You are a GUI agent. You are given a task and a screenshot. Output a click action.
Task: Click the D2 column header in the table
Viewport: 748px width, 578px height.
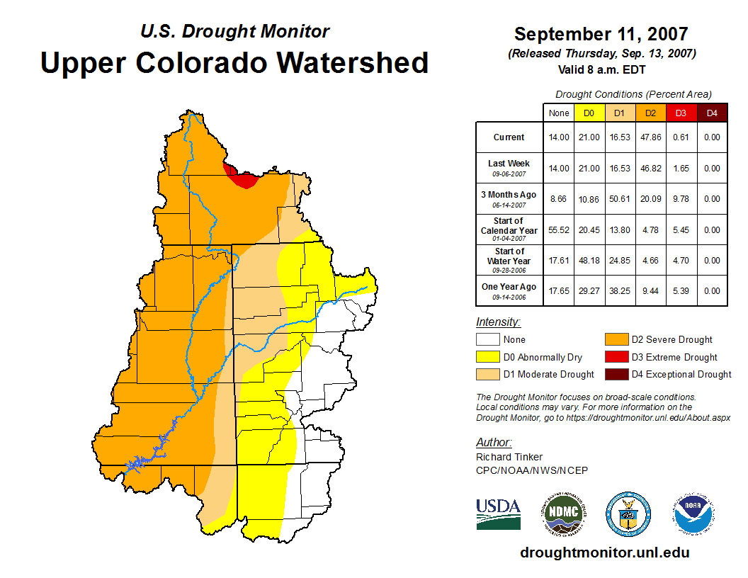coord(650,113)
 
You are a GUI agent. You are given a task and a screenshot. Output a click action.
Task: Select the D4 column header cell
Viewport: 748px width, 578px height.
coord(712,113)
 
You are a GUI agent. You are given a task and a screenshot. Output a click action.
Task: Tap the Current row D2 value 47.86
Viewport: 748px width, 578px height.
coord(650,137)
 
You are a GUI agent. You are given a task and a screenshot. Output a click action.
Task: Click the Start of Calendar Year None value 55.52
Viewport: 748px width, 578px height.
coord(559,230)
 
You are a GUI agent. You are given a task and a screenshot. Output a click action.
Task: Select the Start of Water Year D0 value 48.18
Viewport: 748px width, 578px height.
coord(589,261)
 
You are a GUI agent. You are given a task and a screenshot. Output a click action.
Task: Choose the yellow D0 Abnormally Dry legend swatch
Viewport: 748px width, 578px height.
coord(487,357)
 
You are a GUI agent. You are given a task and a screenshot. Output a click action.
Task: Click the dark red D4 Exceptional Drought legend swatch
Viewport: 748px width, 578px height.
coord(616,374)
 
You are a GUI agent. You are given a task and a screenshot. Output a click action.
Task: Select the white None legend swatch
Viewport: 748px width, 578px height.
coord(487,340)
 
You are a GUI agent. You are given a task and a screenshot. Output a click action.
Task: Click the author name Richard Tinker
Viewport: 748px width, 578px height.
coord(509,457)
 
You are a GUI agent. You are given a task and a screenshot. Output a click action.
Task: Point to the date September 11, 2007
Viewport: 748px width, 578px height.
coord(601,34)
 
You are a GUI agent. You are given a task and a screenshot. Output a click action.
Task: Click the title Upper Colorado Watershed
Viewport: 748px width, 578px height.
coord(234,62)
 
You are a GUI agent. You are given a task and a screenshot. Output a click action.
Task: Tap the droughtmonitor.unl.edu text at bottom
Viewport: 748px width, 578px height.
coord(604,552)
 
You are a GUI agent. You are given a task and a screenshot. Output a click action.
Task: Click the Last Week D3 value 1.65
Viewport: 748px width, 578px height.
coord(681,169)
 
